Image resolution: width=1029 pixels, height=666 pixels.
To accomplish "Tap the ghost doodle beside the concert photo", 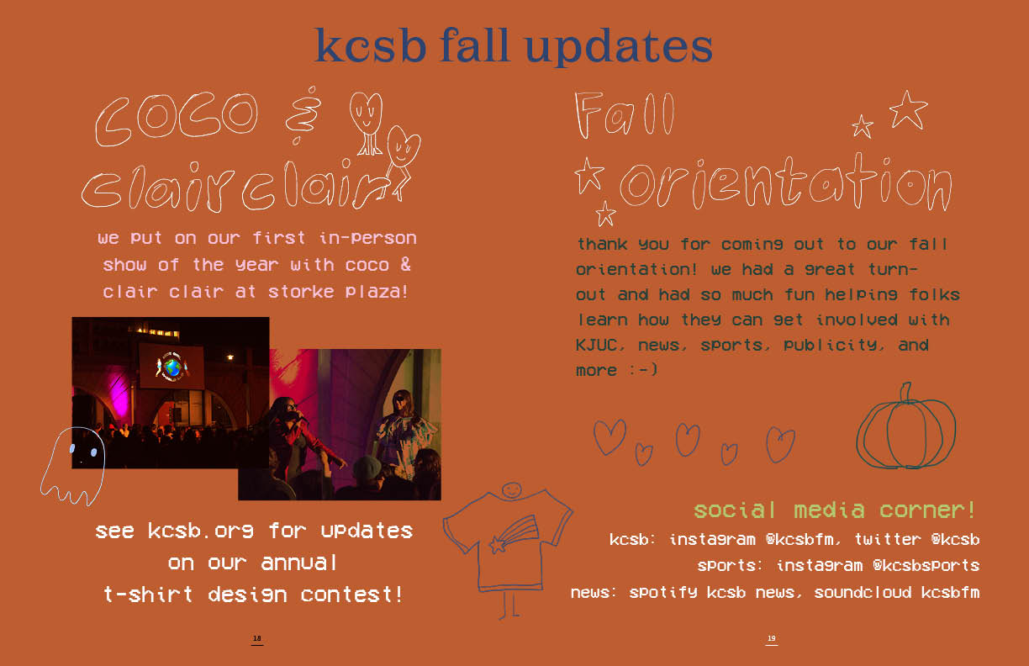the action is click(x=73, y=465).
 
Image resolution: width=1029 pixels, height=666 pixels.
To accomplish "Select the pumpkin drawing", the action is click(x=905, y=427).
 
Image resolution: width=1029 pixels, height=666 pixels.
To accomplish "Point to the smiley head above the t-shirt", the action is click(x=511, y=490).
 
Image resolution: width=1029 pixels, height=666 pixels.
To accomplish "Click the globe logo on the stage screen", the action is click(x=171, y=367).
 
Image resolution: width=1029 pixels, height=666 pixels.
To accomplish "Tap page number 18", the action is click(x=256, y=638).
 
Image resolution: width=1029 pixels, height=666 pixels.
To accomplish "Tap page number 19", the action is click(x=771, y=638).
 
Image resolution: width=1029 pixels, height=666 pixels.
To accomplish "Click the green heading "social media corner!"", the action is click(x=835, y=510).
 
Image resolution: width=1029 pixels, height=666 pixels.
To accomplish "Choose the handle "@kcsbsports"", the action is click(x=926, y=566).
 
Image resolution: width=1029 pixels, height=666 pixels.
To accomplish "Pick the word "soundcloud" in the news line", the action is click(x=863, y=593).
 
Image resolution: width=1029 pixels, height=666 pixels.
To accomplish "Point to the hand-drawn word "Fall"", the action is click(x=625, y=114).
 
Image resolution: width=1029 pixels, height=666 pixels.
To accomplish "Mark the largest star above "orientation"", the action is click(x=908, y=110).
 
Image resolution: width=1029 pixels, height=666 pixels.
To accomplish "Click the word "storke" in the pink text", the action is click(x=301, y=292).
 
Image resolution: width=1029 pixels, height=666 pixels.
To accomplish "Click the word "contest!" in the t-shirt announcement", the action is click(x=352, y=595).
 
